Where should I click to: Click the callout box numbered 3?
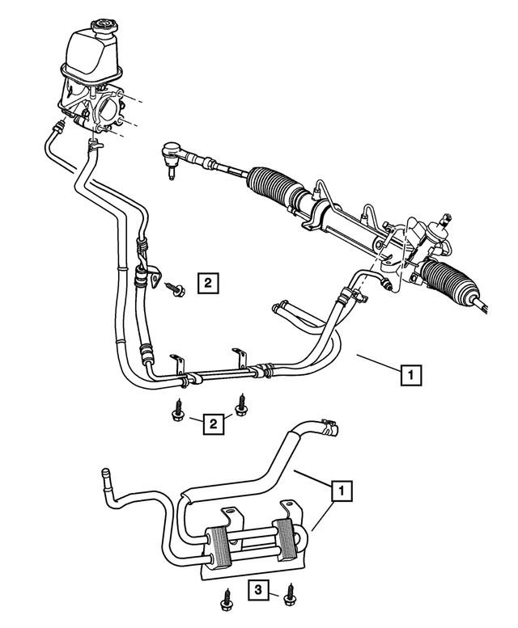point(258,589)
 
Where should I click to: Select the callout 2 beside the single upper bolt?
point(208,283)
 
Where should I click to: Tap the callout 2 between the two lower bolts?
point(214,424)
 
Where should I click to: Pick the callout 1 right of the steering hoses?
point(411,375)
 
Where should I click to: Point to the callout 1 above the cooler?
point(342,491)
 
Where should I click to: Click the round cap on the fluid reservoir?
point(104,27)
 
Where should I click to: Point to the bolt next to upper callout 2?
point(175,289)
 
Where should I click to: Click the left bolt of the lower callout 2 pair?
point(176,410)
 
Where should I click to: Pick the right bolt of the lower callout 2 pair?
point(240,405)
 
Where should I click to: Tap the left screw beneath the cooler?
point(225,610)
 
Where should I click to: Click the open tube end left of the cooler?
point(106,473)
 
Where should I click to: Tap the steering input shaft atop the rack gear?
point(445,219)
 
